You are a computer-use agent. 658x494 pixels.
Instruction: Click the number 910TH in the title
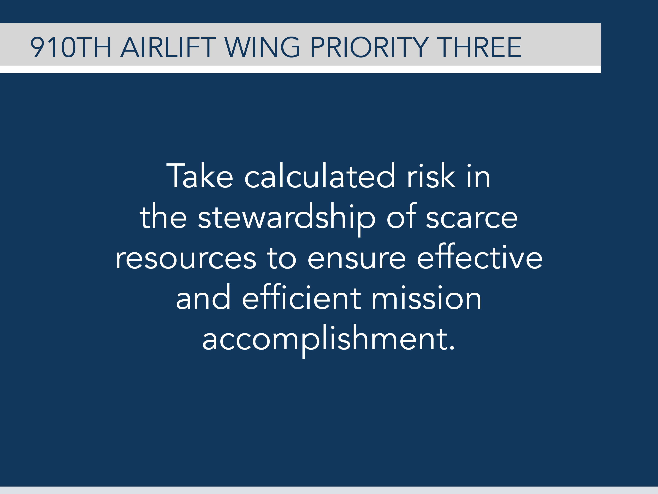coord(71,47)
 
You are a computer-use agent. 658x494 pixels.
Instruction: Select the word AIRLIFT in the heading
coord(168,47)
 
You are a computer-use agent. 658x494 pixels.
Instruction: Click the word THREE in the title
coord(480,47)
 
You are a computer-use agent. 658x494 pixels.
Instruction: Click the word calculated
coord(319,176)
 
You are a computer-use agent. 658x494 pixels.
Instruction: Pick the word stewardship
coord(287,218)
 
